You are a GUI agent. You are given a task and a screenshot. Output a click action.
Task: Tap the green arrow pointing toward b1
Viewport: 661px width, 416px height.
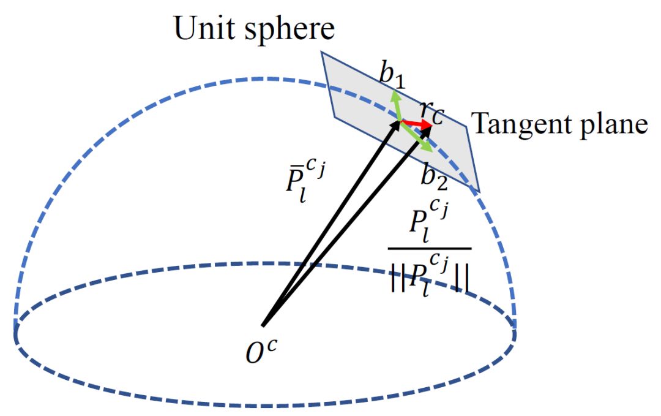tap(397, 104)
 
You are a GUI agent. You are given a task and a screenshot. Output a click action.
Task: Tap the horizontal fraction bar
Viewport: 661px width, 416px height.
tap(429, 249)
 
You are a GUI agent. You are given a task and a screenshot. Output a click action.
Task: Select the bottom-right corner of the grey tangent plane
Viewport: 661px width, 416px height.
tap(478, 192)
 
